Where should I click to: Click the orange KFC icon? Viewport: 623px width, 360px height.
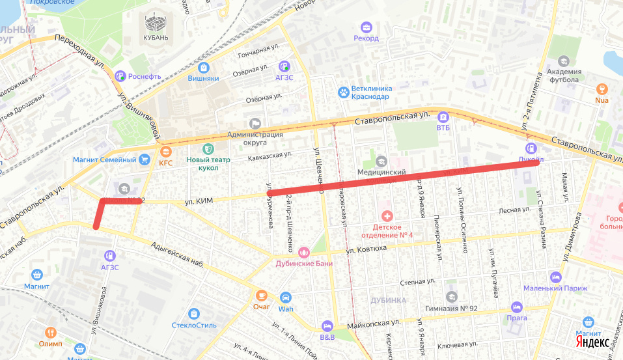tap(165, 151)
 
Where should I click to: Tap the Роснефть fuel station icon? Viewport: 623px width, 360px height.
tap(120, 76)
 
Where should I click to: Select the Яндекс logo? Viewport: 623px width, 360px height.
tap(592, 342)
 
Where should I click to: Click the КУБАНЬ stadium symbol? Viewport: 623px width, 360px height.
tap(156, 23)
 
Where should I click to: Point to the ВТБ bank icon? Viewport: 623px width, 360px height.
tap(443, 117)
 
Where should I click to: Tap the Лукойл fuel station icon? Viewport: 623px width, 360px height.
tap(531, 148)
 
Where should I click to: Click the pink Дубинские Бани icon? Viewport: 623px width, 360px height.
tap(303, 252)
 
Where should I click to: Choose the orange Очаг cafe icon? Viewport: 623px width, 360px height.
tap(261, 296)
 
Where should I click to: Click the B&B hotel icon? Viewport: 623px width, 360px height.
tap(327, 326)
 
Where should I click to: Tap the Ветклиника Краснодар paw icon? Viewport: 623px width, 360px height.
tap(342, 92)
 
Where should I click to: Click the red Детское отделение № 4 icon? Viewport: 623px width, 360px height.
tap(387, 215)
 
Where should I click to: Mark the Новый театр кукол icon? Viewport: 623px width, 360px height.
tap(208, 150)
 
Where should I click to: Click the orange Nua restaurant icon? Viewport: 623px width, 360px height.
tap(602, 89)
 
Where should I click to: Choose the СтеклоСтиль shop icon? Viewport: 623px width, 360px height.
tap(193, 314)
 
